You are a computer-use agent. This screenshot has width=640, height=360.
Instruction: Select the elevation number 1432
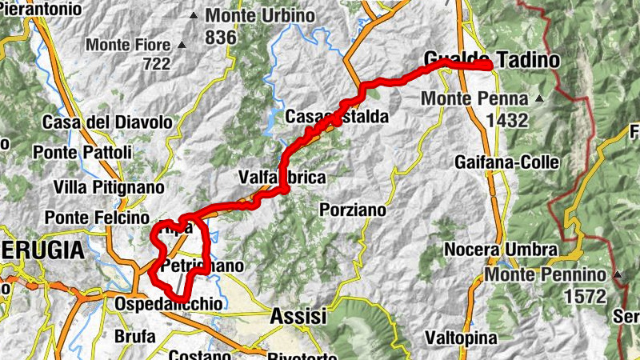coord(506,120)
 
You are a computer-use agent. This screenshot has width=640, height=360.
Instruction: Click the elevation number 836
coord(221,37)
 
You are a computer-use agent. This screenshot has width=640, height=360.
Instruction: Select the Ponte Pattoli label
coord(78,151)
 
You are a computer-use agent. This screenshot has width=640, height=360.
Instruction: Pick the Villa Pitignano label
coord(109,187)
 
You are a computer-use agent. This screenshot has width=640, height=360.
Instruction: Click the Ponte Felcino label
coord(97,218)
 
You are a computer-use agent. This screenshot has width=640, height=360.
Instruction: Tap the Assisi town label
coord(298,316)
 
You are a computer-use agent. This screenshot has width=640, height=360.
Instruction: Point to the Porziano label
coord(352,210)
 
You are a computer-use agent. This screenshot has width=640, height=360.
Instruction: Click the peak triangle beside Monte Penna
coord(539,99)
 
